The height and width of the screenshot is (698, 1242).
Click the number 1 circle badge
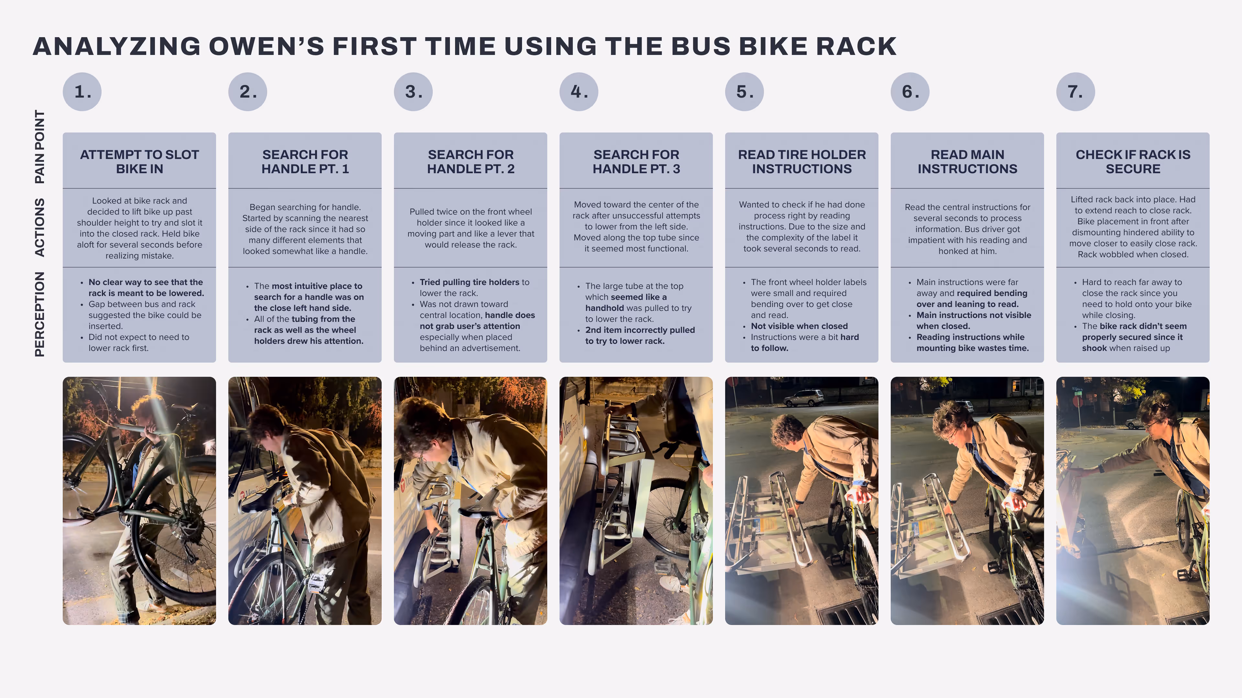pyautogui.click(x=82, y=91)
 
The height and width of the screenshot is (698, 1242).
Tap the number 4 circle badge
pyautogui.click(x=579, y=91)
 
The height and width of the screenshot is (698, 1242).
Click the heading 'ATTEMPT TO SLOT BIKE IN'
pyautogui.click(x=139, y=161)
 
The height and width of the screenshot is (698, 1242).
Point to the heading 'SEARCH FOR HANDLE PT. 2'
pyautogui.click(x=471, y=161)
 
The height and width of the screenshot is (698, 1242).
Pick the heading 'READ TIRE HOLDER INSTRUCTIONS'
pyautogui.click(x=802, y=161)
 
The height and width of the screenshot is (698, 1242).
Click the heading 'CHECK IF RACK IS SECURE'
pyautogui.click(x=1133, y=161)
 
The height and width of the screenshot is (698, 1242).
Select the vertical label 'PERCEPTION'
pyautogui.click(x=39, y=314)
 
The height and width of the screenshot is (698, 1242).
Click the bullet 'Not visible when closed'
pyautogui.click(x=799, y=326)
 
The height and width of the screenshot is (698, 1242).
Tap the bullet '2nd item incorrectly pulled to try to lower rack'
pyautogui.click(x=640, y=335)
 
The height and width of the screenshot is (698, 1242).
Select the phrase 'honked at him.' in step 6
pyautogui.click(x=967, y=251)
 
